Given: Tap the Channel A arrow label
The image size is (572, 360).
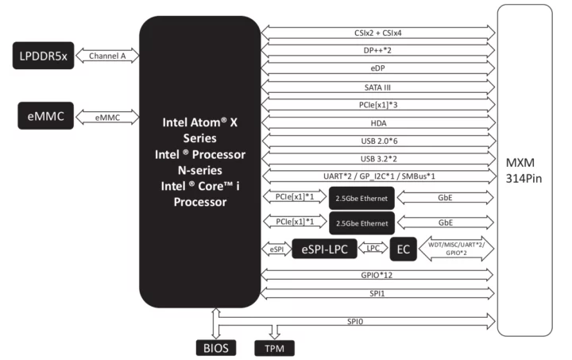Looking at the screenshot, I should [106, 56].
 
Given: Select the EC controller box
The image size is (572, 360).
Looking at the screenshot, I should [402, 249].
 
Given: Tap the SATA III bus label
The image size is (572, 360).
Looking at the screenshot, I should [377, 87].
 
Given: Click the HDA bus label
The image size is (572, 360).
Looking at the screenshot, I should [377, 122].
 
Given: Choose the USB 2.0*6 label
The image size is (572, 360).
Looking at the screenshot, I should [377, 141].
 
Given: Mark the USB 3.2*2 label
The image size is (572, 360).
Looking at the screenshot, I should [377, 159].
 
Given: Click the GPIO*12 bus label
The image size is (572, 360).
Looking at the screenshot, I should [377, 274].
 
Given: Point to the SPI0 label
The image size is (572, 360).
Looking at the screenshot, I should [377, 320].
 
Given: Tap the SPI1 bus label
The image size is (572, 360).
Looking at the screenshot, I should [377, 292].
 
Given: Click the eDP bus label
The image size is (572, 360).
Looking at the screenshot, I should [377, 68].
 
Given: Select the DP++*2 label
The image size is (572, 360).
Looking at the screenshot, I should [377, 50].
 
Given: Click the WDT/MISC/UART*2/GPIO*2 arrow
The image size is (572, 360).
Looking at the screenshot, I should [456, 249].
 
